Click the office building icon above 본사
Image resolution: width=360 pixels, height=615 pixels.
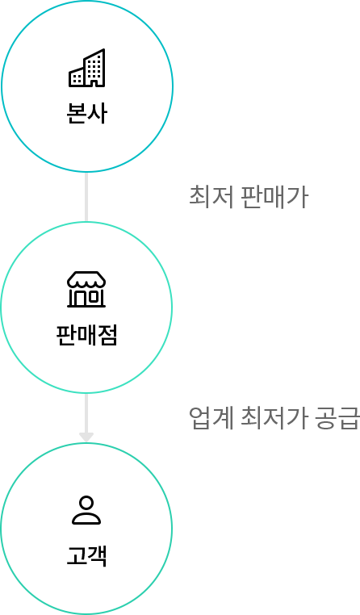click(x=86, y=68)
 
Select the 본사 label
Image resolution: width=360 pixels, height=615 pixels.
click(x=86, y=113)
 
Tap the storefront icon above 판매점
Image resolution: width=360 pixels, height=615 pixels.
click(x=86, y=289)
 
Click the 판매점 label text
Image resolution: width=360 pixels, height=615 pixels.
click(x=86, y=336)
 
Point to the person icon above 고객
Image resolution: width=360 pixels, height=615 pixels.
click(x=86, y=510)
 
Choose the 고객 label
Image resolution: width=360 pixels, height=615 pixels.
click(x=86, y=556)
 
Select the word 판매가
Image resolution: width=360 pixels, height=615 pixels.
click(x=274, y=196)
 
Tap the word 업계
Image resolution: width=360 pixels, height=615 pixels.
click(x=211, y=418)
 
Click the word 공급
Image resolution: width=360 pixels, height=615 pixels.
click(x=337, y=418)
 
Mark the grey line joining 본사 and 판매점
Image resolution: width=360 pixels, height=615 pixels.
click(x=86, y=197)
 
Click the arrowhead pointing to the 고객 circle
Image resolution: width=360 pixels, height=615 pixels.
click(x=86, y=437)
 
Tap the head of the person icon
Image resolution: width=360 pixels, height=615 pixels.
click(x=86, y=503)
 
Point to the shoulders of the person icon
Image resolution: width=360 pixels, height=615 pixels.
click(x=86, y=519)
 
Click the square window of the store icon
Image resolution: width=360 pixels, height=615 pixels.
click(x=94, y=297)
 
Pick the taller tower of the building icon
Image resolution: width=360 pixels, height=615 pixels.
click(x=94, y=68)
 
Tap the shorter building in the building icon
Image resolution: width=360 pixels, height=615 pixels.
click(x=77, y=77)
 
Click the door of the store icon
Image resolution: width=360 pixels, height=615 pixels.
click(x=78, y=299)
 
